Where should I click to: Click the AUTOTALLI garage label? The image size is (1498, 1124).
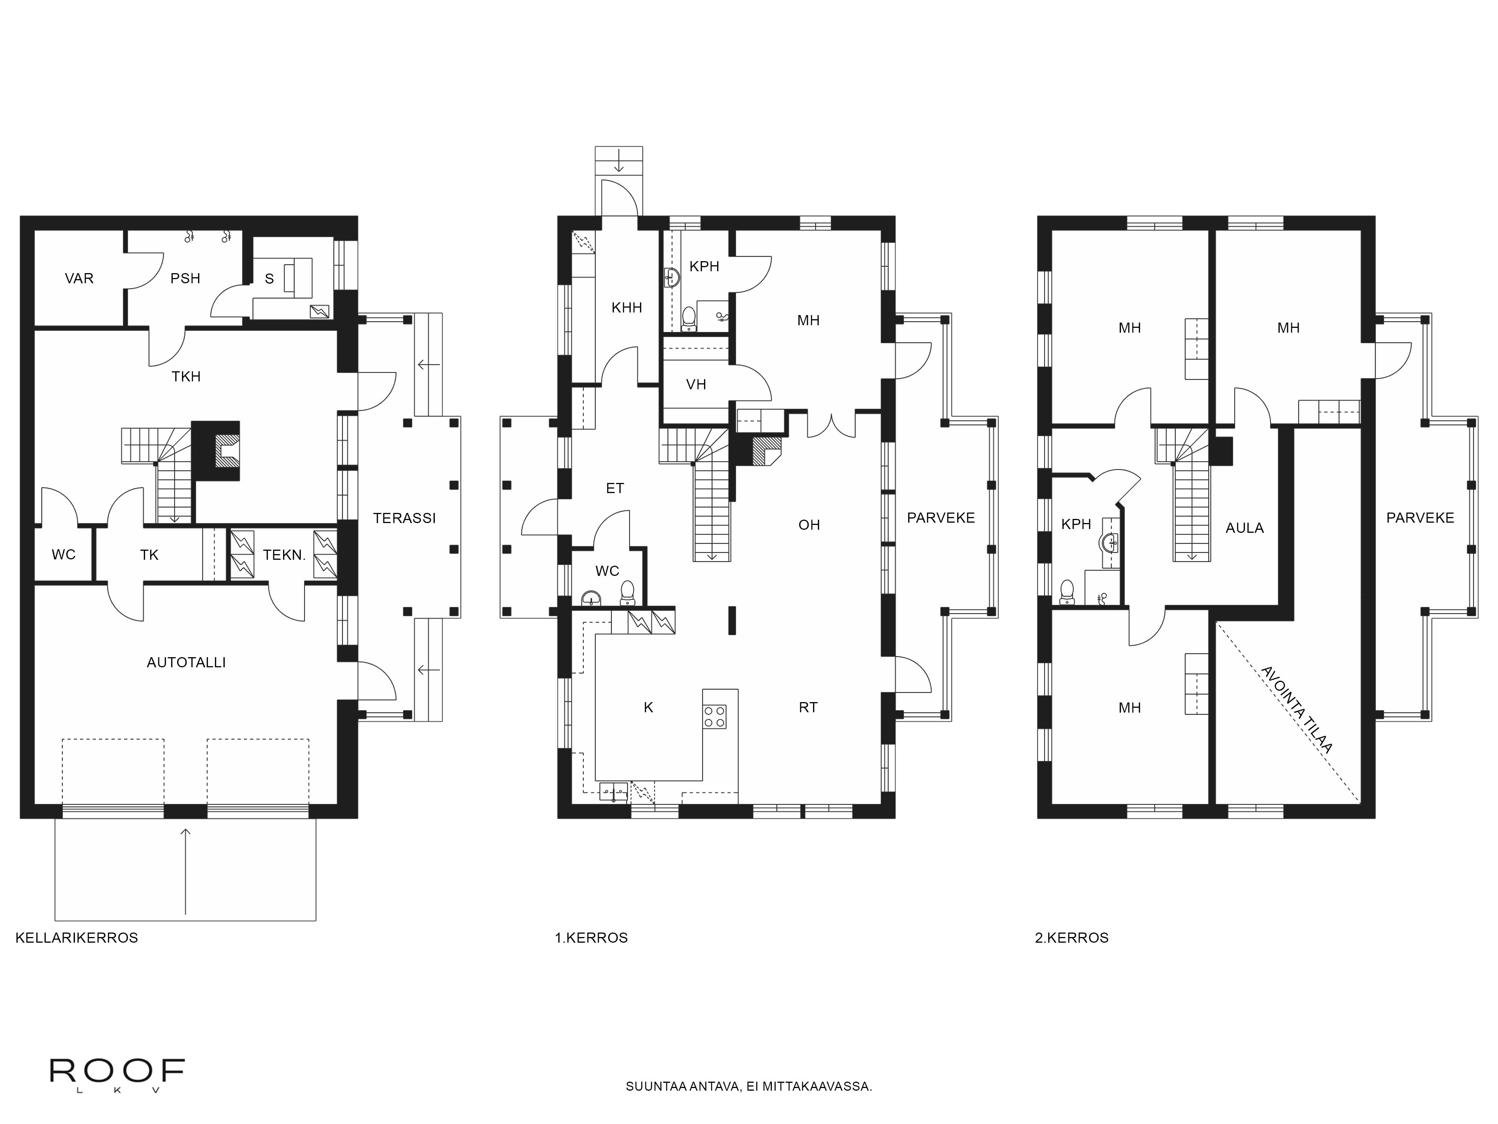pos(186,663)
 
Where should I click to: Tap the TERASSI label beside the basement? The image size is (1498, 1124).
pos(404,518)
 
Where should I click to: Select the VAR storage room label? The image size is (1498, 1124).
pos(79,278)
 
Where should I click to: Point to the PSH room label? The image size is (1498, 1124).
pos(185,278)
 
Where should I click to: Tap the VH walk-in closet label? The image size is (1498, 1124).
pos(696,385)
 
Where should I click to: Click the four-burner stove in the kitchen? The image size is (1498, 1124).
pos(715,717)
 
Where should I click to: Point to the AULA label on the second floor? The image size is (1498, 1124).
pos(1245,528)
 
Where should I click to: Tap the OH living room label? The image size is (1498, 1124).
pos(809,525)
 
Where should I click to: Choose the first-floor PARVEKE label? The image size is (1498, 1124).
pos(941,518)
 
